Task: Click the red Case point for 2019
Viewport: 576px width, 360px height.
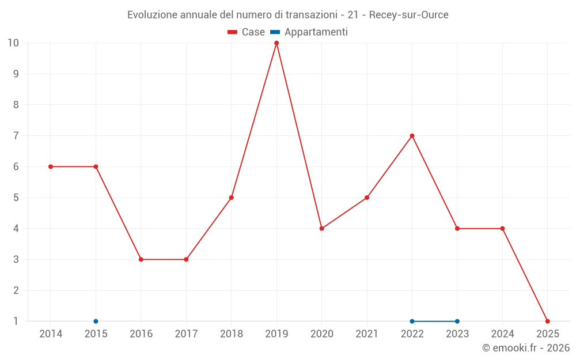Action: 276,43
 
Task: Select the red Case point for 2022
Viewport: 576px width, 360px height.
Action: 412,136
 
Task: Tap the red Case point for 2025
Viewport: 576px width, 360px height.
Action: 547,321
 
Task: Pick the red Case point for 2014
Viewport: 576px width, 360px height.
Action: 51,166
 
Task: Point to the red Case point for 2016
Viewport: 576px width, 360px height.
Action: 141,259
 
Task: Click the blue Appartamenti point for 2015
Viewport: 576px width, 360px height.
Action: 96,321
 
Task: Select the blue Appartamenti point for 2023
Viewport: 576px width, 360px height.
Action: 457,321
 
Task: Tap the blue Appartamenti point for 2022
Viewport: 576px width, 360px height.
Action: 412,321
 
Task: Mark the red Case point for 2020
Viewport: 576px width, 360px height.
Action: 321,229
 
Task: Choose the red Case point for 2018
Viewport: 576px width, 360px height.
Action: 232,198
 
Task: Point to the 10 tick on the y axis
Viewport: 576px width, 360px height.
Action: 13,43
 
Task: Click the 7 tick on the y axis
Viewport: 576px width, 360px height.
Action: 16,136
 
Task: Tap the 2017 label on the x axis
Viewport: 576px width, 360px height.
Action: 186,334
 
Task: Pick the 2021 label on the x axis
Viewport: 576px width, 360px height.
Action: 367,334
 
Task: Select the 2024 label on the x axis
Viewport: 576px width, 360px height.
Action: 502,334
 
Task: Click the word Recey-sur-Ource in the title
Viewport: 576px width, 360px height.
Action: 408,15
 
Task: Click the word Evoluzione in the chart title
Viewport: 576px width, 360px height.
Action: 152,15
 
